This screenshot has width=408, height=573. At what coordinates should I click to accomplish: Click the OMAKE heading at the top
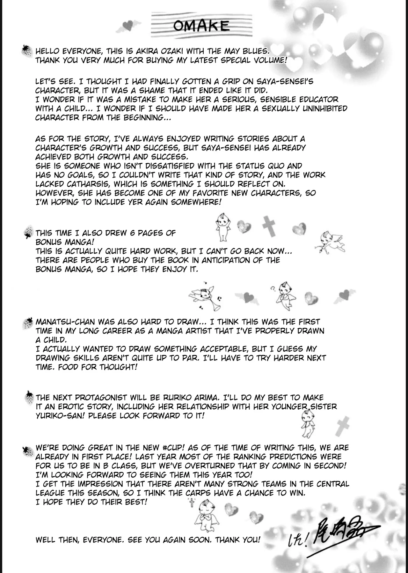[201, 26]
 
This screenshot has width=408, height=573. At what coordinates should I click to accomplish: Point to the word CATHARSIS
[87, 184]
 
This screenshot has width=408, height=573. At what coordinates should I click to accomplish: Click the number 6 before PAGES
[132, 233]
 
